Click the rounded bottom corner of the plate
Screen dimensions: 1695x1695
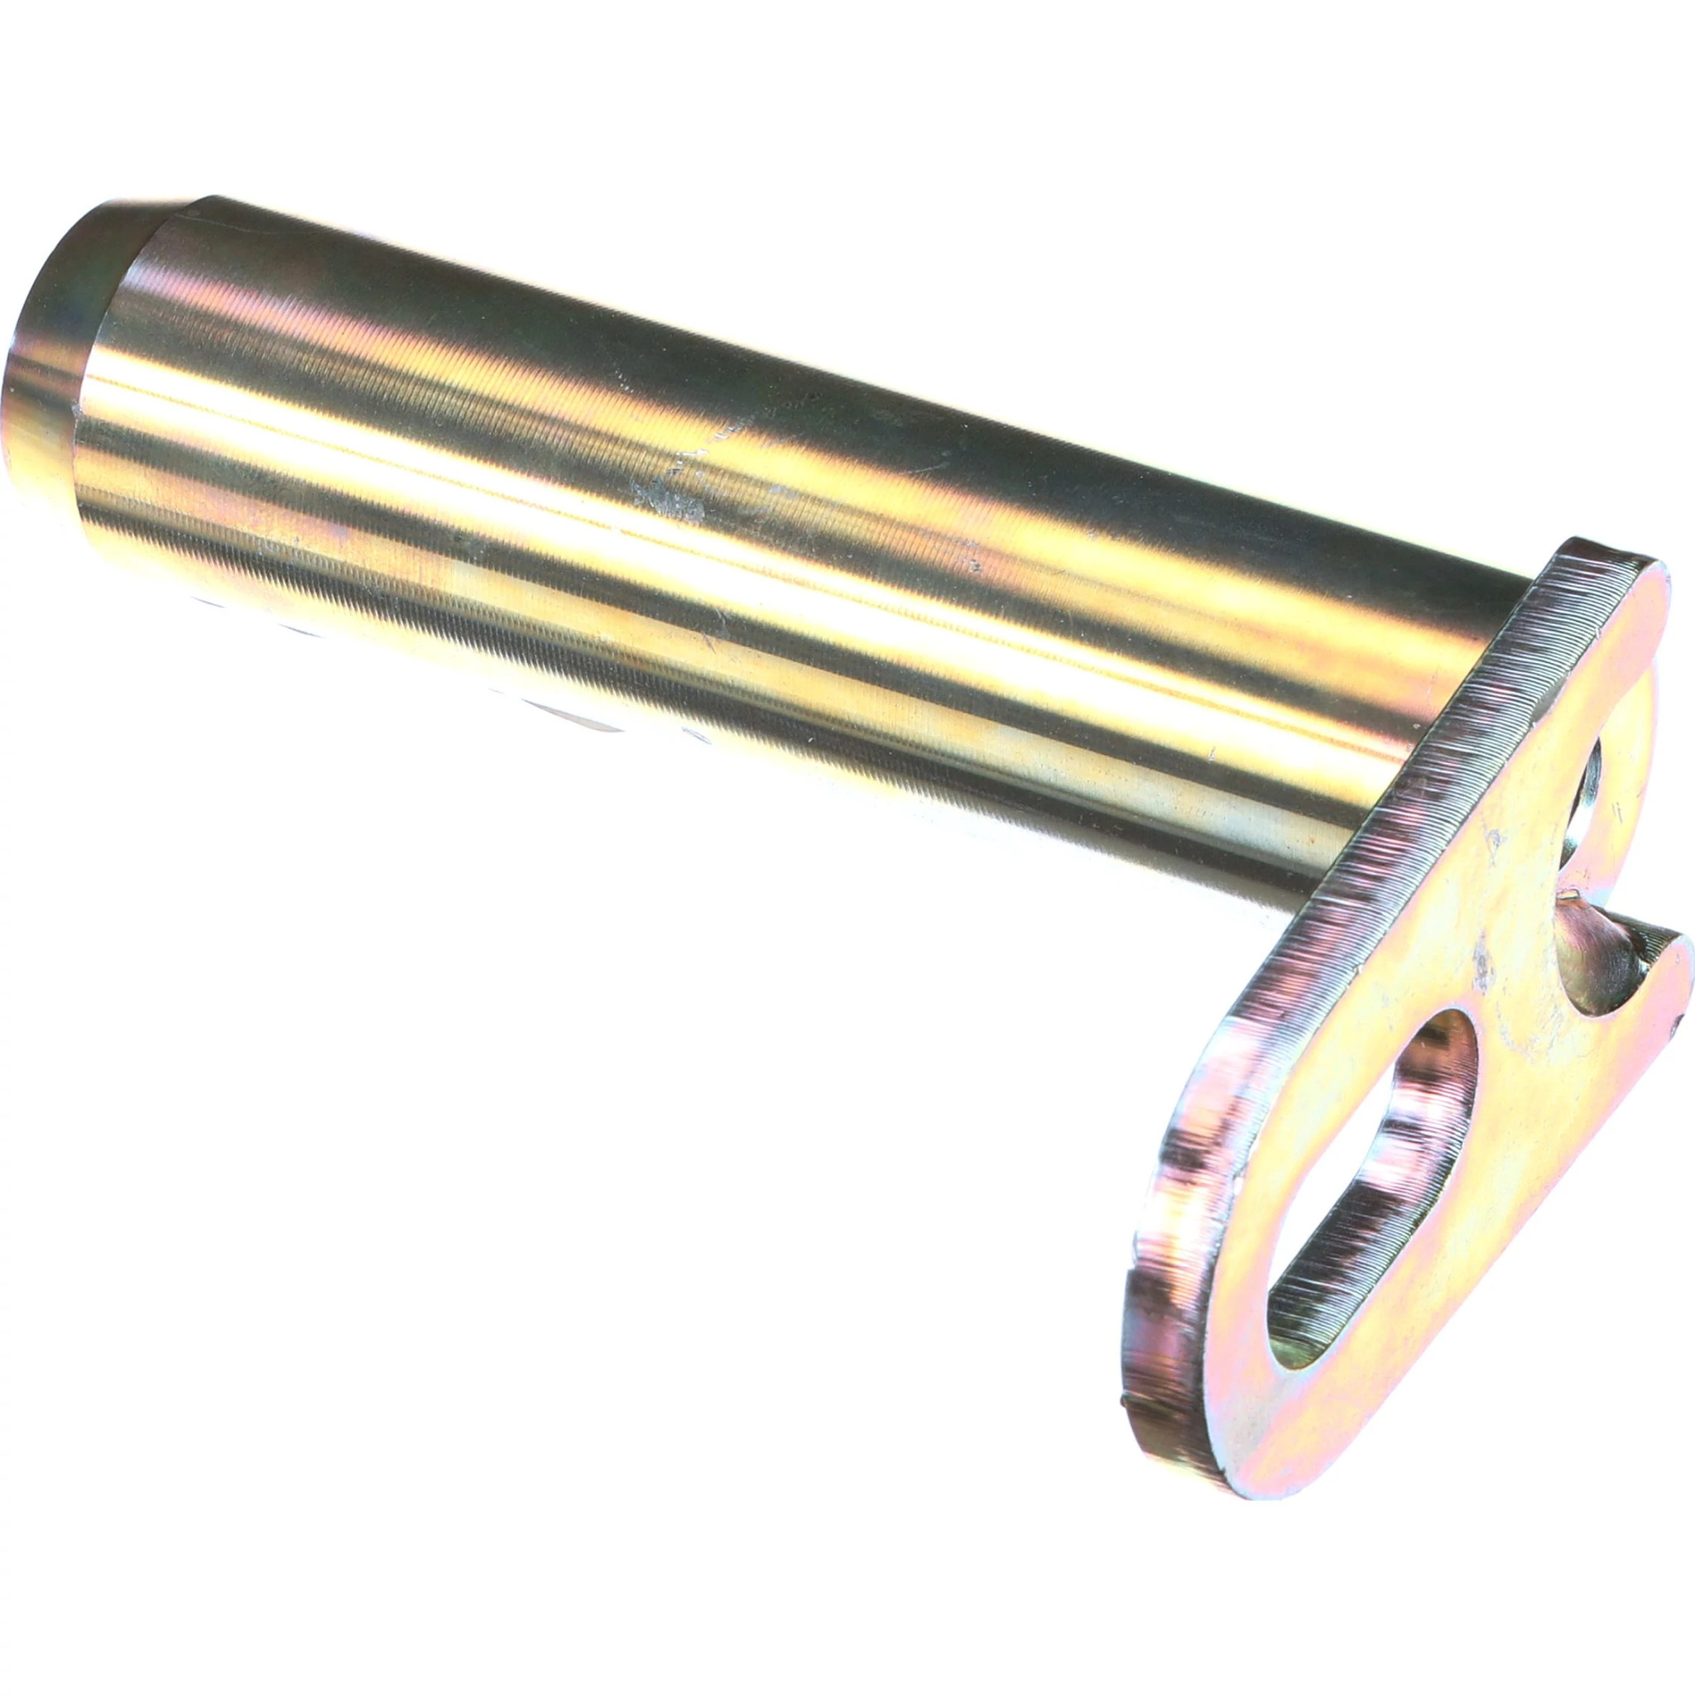tap(1167, 1526)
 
